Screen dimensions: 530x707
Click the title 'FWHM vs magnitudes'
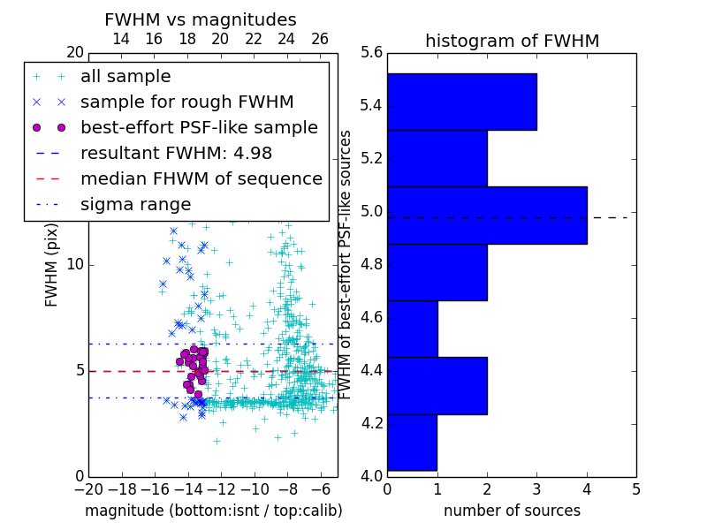(x=201, y=20)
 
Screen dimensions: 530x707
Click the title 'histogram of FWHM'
(x=512, y=41)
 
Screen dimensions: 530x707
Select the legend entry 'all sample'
(x=125, y=77)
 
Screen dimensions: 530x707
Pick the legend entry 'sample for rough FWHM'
(x=186, y=102)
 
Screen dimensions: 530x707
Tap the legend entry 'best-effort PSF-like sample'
(x=199, y=127)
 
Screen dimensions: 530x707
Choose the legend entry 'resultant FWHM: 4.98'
(x=176, y=153)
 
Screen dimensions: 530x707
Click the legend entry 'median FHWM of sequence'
(x=201, y=178)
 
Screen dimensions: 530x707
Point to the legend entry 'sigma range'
(x=135, y=204)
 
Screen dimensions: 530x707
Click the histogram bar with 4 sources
(x=487, y=215)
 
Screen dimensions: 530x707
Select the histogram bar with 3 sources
(x=461, y=102)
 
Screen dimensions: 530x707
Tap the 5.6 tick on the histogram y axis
(x=372, y=53)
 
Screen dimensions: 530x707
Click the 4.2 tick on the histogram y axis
(x=372, y=423)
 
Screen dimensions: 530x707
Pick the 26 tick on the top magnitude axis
(x=320, y=39)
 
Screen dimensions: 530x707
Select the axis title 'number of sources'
(x=512, y=511)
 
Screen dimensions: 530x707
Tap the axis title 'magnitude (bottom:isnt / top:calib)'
(x=213, y=511)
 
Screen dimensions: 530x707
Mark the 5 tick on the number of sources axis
(x=635, y=488)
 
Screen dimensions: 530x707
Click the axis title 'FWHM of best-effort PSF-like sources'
(x=346, y=264)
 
